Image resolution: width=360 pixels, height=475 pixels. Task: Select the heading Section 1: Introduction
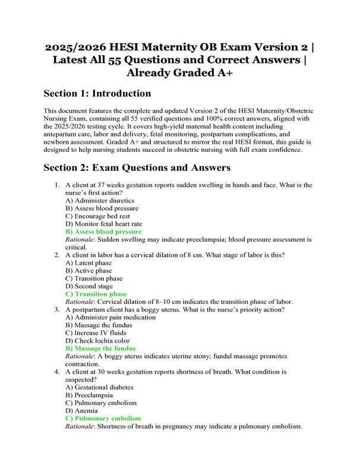coord(97,94)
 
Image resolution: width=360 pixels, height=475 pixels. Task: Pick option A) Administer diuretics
coord(100,201)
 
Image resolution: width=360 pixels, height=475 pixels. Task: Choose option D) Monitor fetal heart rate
coord(104,224)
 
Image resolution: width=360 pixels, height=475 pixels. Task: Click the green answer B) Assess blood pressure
coord(103,232)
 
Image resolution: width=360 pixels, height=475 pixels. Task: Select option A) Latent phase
coord(89,262)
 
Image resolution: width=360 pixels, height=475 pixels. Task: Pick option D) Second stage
coord(89,286)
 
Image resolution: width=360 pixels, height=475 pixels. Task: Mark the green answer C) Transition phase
coord(96,294)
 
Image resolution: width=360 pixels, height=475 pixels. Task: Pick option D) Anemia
coord(82,410)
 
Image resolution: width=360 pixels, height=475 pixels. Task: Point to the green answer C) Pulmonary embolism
coord(103,418)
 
